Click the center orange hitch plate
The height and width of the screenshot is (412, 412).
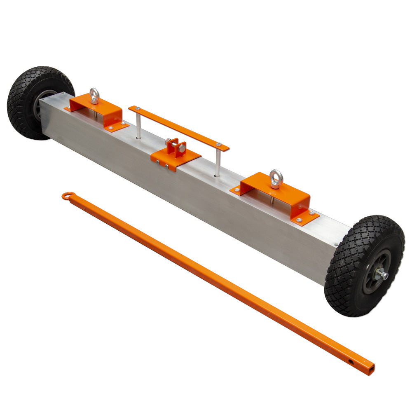tap(175, 158)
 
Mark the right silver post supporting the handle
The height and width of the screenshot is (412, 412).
tap(218, 163)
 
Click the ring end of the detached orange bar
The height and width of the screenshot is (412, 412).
tap(68, 196)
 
